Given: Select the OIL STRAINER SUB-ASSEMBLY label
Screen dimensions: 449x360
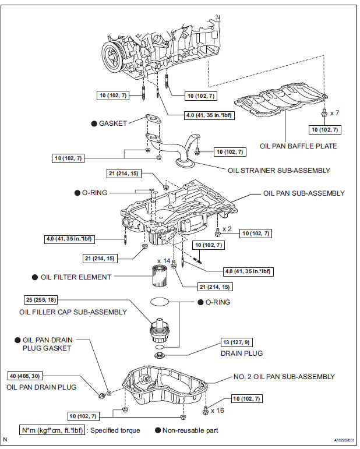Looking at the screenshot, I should pyautogui.click(x=280, y=171).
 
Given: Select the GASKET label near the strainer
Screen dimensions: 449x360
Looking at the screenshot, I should pyautogui.click(x=112, y=124).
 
